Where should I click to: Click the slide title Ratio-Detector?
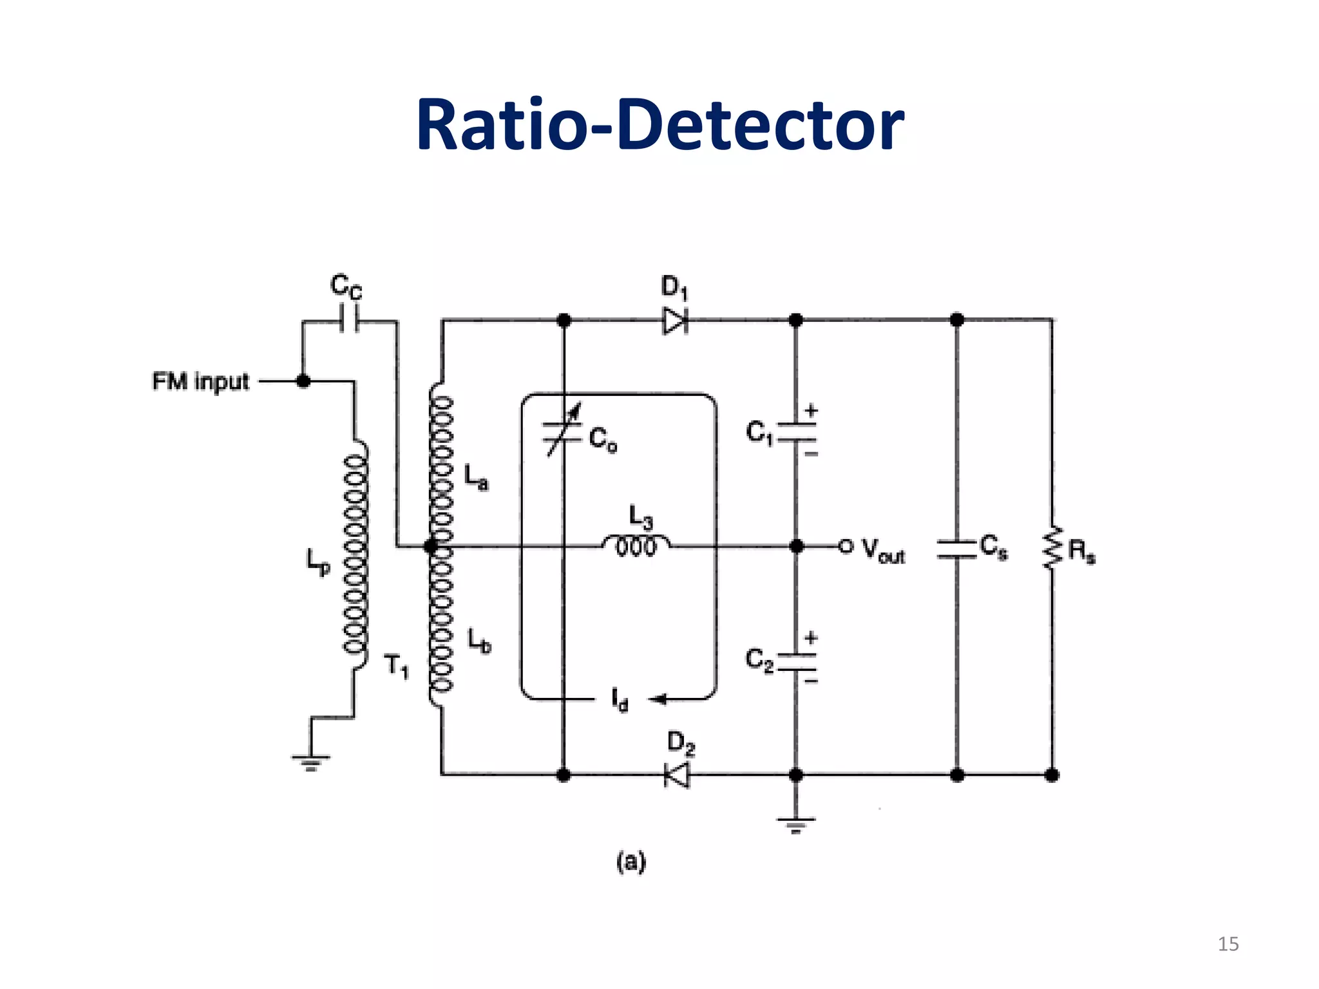659,126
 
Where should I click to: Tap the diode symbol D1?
675,320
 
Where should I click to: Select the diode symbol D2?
676,775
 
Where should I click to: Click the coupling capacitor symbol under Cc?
349,320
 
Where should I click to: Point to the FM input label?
200,381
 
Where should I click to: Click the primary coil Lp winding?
356,554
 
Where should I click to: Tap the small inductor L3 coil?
636,545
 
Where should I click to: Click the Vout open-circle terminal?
846,546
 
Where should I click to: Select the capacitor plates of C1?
797,432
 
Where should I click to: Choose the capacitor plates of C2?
797,662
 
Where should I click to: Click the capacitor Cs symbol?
956,549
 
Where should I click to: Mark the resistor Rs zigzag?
1052,548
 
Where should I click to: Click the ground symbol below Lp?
310,762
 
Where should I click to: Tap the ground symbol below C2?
796,824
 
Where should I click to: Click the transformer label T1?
396,665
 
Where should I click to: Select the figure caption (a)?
631,862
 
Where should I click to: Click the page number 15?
1228,944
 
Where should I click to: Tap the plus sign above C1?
811,410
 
